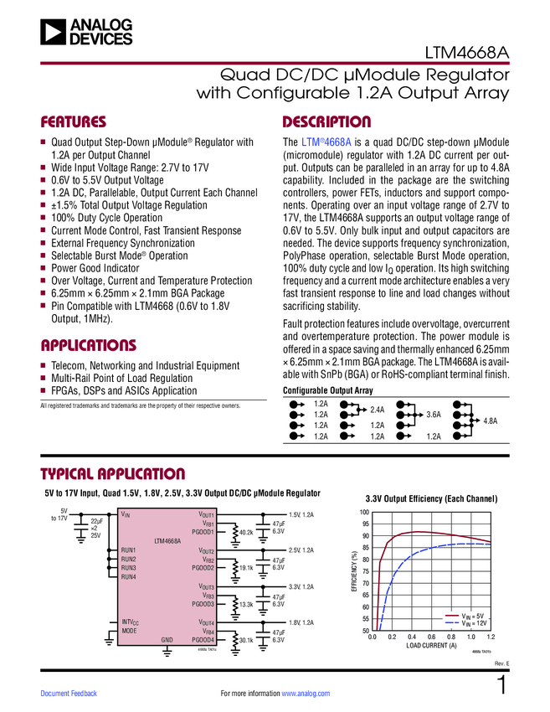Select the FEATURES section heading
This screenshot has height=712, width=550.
[74, 122]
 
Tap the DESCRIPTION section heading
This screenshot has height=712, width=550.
[326, 122]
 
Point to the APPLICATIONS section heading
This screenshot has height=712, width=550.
[88, 346]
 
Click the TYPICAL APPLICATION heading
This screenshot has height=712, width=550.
[112, 474]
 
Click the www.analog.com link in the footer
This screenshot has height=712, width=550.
[306, 694]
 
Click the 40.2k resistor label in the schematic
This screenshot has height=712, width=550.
[246, 532]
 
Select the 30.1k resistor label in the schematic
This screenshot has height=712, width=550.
[246, 640]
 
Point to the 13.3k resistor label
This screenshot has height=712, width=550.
[246, 604]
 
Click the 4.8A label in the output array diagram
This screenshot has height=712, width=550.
[491, 420]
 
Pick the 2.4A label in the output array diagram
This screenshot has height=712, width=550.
[378, 410]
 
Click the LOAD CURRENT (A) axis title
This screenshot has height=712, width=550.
[431, 646]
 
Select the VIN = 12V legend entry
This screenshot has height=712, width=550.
[474, 623]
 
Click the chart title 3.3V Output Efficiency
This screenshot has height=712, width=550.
[431, 499]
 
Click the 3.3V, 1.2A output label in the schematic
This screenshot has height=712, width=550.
[301, 586]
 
